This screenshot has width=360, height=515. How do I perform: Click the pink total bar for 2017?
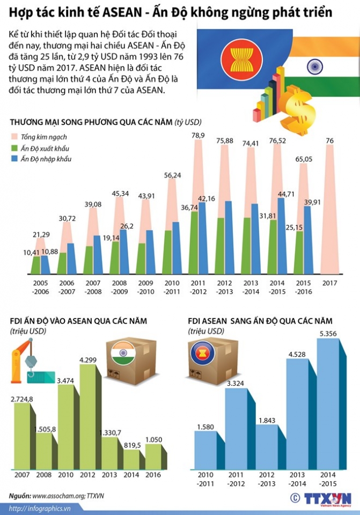329,209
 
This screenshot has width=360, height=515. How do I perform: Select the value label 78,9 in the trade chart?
198,136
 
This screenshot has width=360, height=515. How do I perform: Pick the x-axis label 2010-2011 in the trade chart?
172,287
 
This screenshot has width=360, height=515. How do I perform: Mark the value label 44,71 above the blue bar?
285,194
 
